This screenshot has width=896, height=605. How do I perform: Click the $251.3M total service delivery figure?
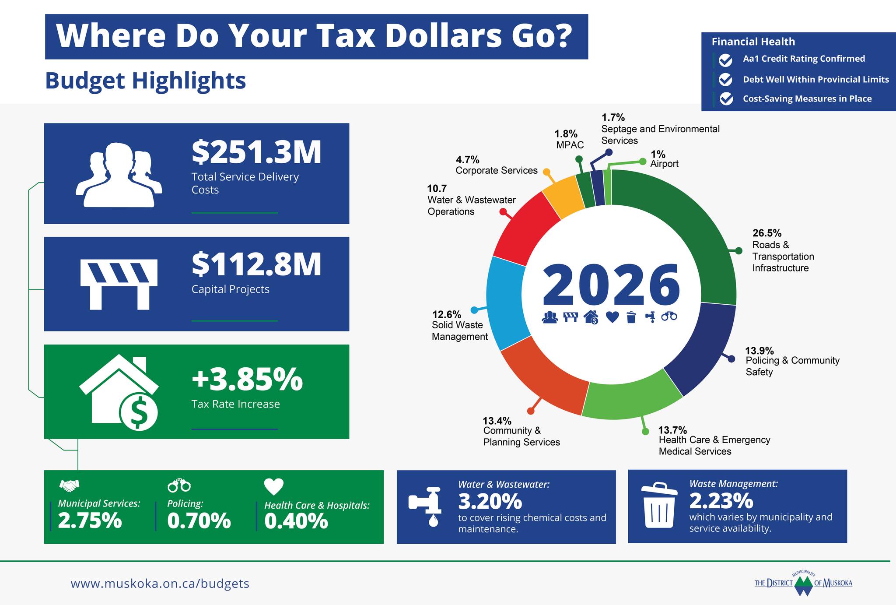256,152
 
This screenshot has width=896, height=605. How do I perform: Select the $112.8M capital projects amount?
256,264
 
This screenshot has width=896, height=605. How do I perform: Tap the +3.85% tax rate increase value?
247,379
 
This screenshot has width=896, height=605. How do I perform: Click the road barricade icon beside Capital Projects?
119,284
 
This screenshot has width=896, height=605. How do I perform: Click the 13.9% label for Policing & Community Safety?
759,351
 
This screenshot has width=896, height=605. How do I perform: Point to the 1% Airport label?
658,154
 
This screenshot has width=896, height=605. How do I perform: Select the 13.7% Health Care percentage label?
672,430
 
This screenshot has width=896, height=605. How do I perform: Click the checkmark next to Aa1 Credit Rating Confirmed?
726,60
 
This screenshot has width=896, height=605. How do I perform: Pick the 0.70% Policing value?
199,521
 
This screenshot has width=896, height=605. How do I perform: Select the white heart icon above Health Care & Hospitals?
274,486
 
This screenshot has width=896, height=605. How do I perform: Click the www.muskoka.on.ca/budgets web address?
160,584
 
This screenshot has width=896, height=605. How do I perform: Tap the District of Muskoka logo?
803,583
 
